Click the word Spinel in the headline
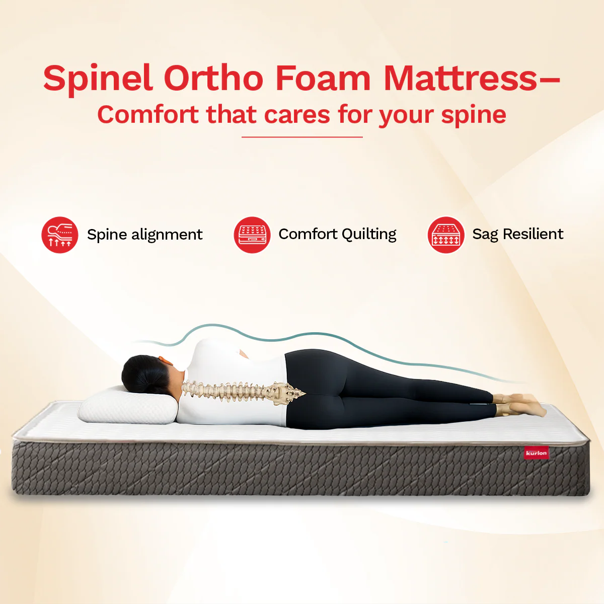pos(98,79)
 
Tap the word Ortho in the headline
pos(213,79)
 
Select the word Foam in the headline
pos(323,79)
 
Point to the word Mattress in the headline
pos(460,79)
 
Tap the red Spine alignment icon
pos(60,235)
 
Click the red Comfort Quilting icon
pos(252,235)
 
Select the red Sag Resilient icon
pos(445,235)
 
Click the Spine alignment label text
pos(144,235)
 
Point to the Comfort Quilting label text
pos(337,235)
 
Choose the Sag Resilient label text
pos(517,235)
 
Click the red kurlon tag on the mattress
pos(536,452)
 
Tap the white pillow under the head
pos(126,405)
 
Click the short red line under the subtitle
pos(302,136)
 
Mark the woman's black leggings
pos(377,393)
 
